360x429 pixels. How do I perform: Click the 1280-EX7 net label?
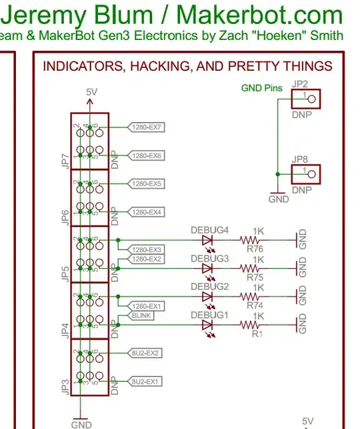(147, 127)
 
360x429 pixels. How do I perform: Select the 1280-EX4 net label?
(147, 212)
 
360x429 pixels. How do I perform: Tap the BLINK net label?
(141, 316)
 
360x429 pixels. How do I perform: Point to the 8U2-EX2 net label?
(147, 352)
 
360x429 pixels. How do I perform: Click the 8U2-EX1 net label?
(147, 381)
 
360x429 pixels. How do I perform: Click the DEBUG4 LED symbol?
(207, 240)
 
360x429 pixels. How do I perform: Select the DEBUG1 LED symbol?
(207, 325)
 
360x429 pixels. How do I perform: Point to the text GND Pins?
(261, 88)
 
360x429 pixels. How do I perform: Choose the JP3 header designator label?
(65, 386)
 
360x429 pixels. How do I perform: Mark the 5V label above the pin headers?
(91, 92)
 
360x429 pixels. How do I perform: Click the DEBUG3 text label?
(210, 258)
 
